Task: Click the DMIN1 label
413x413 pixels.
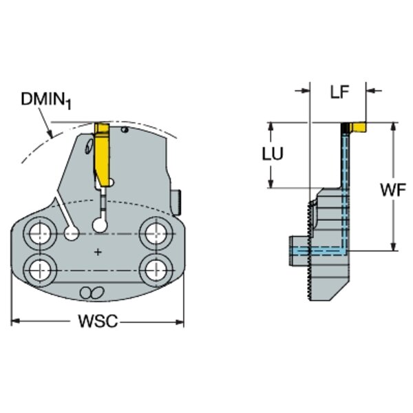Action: (45, 100)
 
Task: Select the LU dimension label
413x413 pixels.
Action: (273, 153)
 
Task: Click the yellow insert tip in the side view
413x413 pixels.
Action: (358, 127)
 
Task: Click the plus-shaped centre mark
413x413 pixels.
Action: (98, 253)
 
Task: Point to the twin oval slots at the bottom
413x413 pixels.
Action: (90, 293)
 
